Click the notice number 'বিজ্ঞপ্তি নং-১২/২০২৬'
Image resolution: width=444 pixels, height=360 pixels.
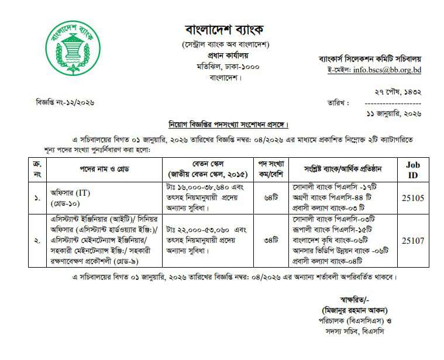point(65,102)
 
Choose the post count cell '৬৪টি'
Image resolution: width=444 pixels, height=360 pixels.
point(271,198)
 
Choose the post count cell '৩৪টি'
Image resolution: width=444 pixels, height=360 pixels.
point(271,240)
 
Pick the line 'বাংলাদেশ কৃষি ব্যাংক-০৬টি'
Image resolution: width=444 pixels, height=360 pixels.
point(332,240)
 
